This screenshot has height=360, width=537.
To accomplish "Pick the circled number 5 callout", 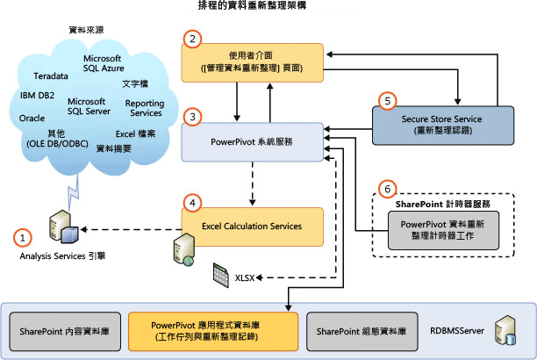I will tap(385, 101).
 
